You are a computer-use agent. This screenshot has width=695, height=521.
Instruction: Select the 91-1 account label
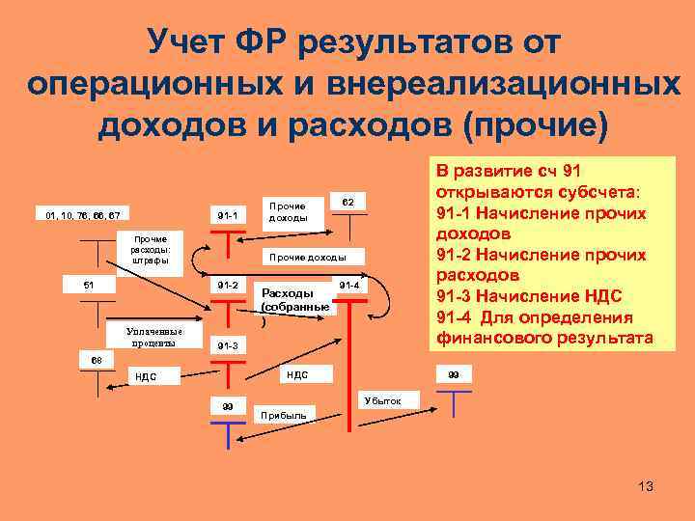click(x=228, y=213)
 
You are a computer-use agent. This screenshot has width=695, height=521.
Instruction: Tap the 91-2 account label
click(x=228, y=285)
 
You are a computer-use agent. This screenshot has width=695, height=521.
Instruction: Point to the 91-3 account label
click(x=228, y=345)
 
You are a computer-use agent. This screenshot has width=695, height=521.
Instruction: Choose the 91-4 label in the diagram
click(x=348, y=286)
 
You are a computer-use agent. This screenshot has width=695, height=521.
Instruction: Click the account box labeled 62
click(x=348, y=202)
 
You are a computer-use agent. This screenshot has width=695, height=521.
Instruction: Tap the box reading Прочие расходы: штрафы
click(x=150, y=249)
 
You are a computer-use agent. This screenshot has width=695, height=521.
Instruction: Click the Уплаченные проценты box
click(x=152, y=337)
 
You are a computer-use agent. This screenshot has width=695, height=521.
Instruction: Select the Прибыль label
click(x=285, y=415)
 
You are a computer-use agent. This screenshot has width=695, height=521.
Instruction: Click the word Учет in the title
click(x=192, y=41)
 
